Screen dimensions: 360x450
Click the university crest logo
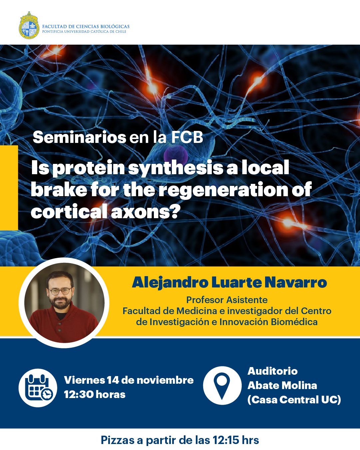[29, 25]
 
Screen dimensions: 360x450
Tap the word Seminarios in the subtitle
[80, 137]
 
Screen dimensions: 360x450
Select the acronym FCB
[187, 137]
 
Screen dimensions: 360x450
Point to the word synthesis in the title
[176, 168]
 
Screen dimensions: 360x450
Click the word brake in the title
[59, 190]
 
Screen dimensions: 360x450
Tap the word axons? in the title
[146, 212]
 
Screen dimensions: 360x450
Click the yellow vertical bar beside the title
[9, 188]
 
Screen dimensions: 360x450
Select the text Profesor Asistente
[227, 300]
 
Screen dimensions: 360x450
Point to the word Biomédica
[294, 322]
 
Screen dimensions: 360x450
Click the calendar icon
[38, 388]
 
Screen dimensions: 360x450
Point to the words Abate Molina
[282, 385]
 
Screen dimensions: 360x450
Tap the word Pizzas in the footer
[118, 440]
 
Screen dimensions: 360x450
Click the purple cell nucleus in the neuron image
[176, 155]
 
